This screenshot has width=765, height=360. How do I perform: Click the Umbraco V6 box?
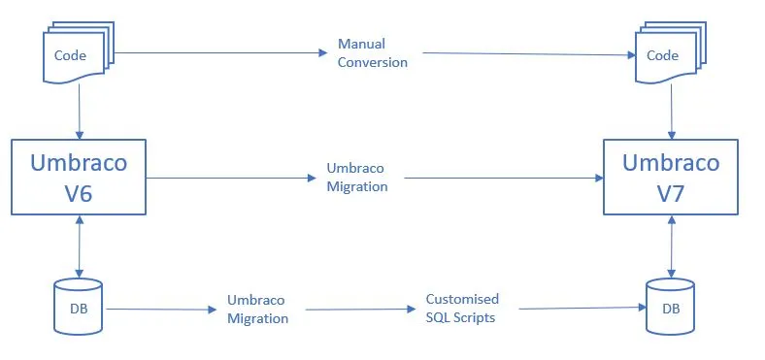pos(79,177)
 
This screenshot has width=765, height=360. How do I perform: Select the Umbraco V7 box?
pos(671,177)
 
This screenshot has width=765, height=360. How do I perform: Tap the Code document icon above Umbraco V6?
pos(79,51)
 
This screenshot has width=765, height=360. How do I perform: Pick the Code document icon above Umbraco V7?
pos(671,51)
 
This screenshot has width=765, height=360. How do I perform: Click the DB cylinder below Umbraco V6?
pos(78,307)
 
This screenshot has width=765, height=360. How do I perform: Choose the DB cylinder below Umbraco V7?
pos(671,307)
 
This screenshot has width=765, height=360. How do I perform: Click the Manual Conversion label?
pos(373,53)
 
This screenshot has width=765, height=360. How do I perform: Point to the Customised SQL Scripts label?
pos(462,309)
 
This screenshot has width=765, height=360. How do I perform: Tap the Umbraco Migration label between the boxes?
pos(357,178)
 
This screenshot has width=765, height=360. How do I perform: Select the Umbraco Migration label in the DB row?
pos(257,310)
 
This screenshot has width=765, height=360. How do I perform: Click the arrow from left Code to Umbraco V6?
pos(79,112)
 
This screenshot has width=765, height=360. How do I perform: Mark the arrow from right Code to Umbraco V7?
pos(672,112)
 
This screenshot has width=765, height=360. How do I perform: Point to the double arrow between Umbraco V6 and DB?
pos(79,246)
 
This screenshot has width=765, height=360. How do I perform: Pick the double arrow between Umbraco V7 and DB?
pos(672,246)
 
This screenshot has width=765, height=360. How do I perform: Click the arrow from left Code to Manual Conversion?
pos(220,52)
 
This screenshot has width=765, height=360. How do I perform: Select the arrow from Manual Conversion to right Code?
pos(529,54)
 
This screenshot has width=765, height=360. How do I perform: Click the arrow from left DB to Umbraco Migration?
pos(161,310)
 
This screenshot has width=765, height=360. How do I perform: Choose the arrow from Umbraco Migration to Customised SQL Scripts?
pos(360,310)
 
